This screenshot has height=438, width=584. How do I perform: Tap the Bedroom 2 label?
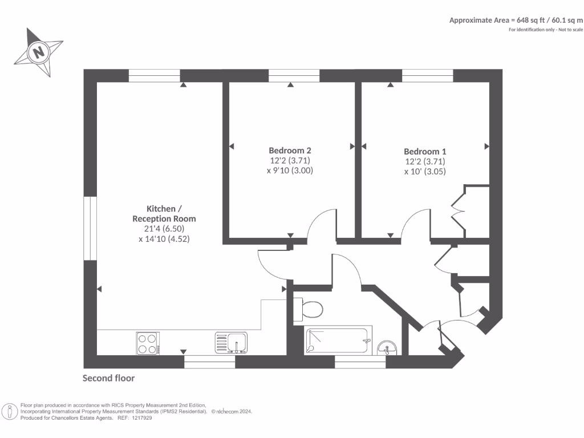[290, 151]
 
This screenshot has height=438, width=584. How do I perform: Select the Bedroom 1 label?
[425, 152]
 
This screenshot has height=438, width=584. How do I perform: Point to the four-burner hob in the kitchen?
[147, 343]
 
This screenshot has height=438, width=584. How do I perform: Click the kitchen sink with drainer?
[230, 343]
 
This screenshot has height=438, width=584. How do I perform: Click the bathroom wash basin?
[388, 347]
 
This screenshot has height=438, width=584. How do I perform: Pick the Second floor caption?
[109, 378]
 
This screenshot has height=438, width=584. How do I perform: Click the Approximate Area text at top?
[516, 20]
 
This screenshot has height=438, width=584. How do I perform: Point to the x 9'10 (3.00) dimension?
[290, 171]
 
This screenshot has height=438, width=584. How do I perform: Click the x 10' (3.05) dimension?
[425, 172]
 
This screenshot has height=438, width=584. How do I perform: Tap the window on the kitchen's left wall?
[90, 229]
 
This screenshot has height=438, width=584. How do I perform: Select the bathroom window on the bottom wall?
[360, 362]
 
